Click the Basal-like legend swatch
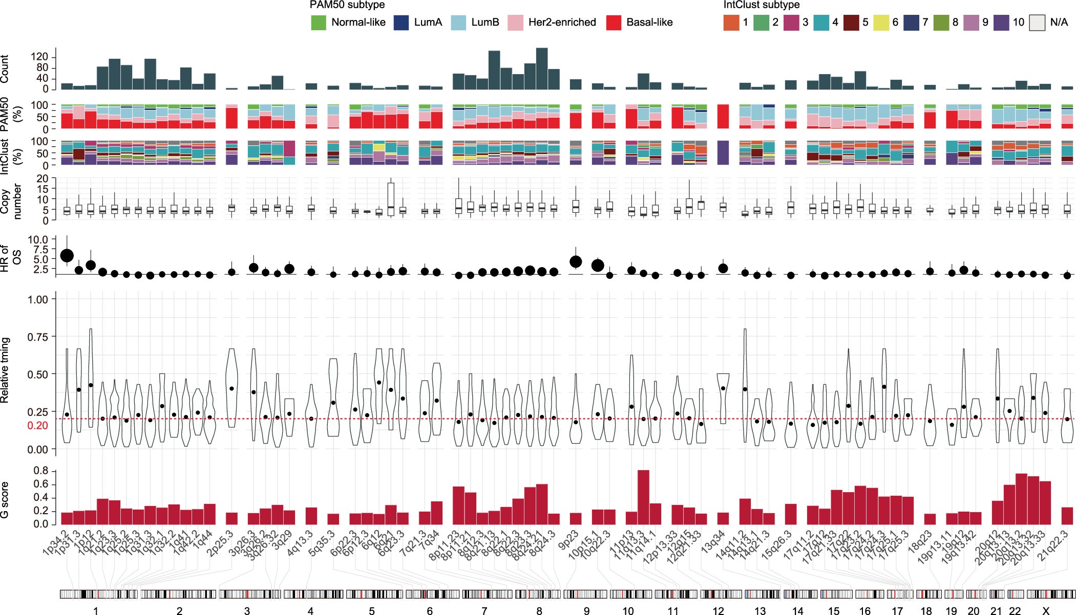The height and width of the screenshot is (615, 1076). tap(614, 23)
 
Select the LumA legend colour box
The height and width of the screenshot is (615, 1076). tap(401, 23)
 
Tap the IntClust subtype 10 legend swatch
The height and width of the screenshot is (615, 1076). tap(1001, 23)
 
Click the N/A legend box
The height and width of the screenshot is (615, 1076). tap(1037, 23)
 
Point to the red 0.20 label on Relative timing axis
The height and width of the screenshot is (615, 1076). tap(37, 426)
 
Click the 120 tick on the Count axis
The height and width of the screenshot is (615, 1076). tap(39, 56)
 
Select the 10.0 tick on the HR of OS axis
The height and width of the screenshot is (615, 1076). tap(37, 239)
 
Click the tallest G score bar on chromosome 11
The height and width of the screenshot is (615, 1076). tap(643, 497)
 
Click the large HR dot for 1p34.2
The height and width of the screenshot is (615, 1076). tap(67, 255)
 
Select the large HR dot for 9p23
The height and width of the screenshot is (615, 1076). tap(576, 261)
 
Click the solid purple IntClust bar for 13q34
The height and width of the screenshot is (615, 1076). tap(723, 152)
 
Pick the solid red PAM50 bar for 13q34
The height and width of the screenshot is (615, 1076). tap(723, 116)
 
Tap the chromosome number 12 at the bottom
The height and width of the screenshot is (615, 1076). tap(718, 610)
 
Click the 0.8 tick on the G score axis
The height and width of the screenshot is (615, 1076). tap(40, 471)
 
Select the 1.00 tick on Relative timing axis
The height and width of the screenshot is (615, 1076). tap(37, 299)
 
